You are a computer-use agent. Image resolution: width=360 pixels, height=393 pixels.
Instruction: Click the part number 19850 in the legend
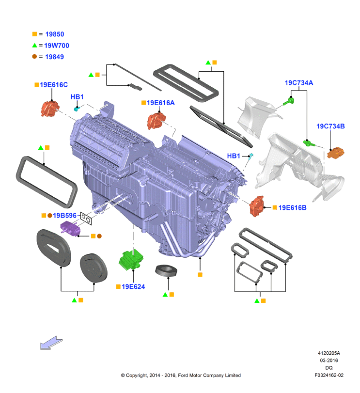[x=55, y=34]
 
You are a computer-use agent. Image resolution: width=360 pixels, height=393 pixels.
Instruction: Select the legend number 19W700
[x=57, y=46]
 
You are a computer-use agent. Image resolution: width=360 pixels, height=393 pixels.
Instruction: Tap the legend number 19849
[x=54, y=57]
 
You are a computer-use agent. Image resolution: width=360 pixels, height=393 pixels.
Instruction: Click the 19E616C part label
[x=54, y=85]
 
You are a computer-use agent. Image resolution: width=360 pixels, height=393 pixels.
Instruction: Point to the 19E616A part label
[x=160, y=103]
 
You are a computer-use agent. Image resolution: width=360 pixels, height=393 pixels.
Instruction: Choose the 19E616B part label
[x=292, y=207]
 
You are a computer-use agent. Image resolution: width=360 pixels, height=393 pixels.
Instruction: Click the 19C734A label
[x=299, y=83]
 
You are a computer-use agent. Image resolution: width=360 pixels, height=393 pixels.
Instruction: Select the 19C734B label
[x=330, y=126]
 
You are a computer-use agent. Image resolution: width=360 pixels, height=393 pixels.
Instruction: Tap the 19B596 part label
[x=64, y=215]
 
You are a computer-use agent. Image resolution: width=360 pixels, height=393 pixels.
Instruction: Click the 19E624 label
[x=133, y=286]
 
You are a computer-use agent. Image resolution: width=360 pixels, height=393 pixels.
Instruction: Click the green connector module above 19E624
[x=131, y=259]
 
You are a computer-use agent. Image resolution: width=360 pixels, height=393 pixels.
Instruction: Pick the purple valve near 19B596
[x=70, y=229]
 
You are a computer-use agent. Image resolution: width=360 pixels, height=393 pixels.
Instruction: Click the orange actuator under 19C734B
[x=336, y=153]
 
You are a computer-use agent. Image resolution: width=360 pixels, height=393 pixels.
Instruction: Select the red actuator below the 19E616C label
[x=50, y=109]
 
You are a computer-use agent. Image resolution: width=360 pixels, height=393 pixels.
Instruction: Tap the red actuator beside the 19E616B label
[x=257, y=206]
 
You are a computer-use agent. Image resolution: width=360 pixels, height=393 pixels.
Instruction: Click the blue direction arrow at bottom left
[x=51, y=343]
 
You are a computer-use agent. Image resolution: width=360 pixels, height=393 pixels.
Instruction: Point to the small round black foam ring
[x=166, y=271]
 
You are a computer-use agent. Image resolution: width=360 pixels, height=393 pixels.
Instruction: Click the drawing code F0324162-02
[x=329, y=375]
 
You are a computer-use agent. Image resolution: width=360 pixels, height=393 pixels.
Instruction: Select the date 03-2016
[x=329, y=361]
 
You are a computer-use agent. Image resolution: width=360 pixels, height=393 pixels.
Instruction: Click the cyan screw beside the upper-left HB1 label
[x=77, y=109]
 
